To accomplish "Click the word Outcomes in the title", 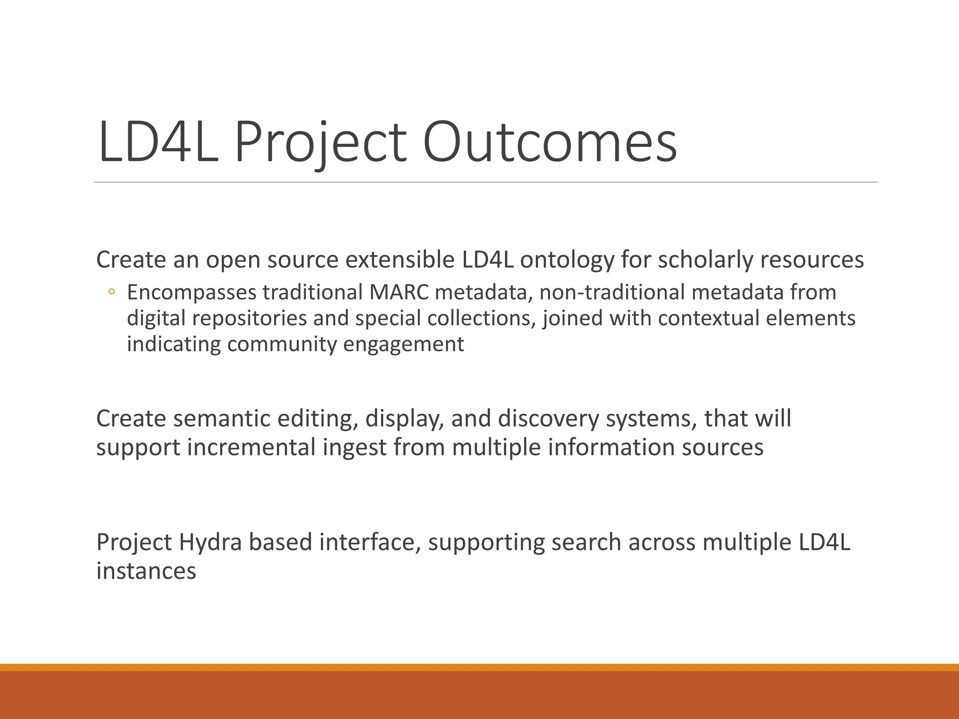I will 550,142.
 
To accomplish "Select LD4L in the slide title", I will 158,142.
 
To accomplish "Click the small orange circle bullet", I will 111,293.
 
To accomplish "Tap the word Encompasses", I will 192,293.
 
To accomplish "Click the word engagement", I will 404,345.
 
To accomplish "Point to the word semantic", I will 221,418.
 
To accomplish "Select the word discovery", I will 548,418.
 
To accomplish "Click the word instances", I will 146,571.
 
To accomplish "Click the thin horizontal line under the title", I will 486,182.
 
